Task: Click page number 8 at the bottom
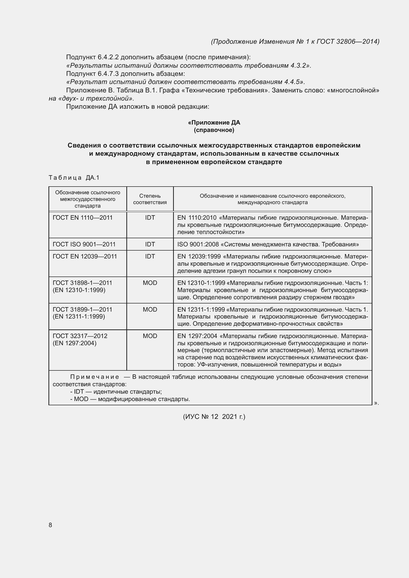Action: [50, 525]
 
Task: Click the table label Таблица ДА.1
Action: [74, 178]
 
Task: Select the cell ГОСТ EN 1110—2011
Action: [83, 218]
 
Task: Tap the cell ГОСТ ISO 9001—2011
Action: [84, 244]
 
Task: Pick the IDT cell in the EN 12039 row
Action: [150, 256]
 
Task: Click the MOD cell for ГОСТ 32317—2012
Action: [150, 336]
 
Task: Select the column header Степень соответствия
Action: [150, 199]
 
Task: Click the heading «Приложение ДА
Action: [214, 123]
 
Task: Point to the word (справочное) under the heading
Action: [214, 130]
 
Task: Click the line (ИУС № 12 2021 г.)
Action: [214, 417]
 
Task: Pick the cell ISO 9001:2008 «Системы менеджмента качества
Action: [268, 244]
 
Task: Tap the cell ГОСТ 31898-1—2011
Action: [82, 283]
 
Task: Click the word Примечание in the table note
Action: [94, 377]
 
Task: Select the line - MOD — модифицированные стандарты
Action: [130, 399]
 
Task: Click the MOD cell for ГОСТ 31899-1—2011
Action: [150, 309]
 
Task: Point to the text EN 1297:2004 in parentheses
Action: [74, 343]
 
